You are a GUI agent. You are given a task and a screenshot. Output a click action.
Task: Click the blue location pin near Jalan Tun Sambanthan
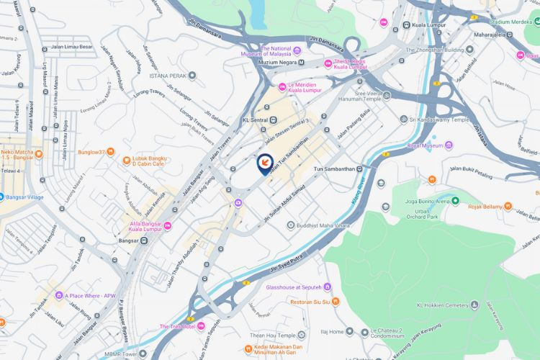pos(264,163)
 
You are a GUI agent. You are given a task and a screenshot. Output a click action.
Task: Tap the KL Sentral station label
pos(256,120)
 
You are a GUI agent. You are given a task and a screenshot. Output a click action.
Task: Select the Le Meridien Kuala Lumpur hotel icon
pos(282,87)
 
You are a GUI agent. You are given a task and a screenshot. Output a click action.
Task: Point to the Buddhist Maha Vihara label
pos(324,226)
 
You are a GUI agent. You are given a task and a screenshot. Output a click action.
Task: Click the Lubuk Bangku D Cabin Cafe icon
pos(127,159)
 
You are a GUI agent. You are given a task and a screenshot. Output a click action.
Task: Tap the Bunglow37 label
pos(91,152)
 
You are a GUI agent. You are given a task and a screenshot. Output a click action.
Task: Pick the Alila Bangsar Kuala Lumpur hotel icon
pos(167,225)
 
